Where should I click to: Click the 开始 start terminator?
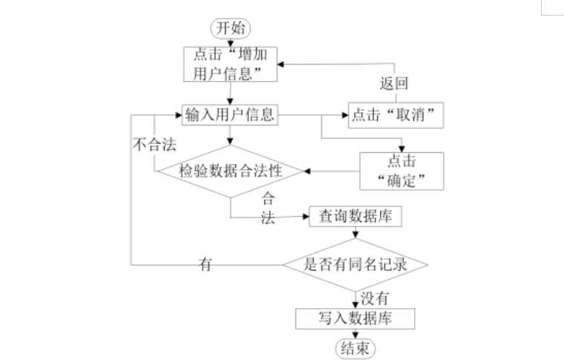coord(232,28)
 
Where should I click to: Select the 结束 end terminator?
coord(355,348)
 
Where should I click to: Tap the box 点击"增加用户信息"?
coord(231,65)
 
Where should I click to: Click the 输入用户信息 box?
coord(230,114)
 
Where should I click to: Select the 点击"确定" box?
coord(401,171)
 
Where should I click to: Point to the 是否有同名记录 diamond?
coord(355,264)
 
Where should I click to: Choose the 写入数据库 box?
coord(355,318)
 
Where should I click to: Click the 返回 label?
coord(395,82)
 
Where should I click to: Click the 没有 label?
coord(374,298)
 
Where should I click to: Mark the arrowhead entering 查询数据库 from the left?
coord(305,217)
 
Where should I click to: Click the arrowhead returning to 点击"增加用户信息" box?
coord(283,65)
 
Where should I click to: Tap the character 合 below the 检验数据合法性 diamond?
coord(268,199)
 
